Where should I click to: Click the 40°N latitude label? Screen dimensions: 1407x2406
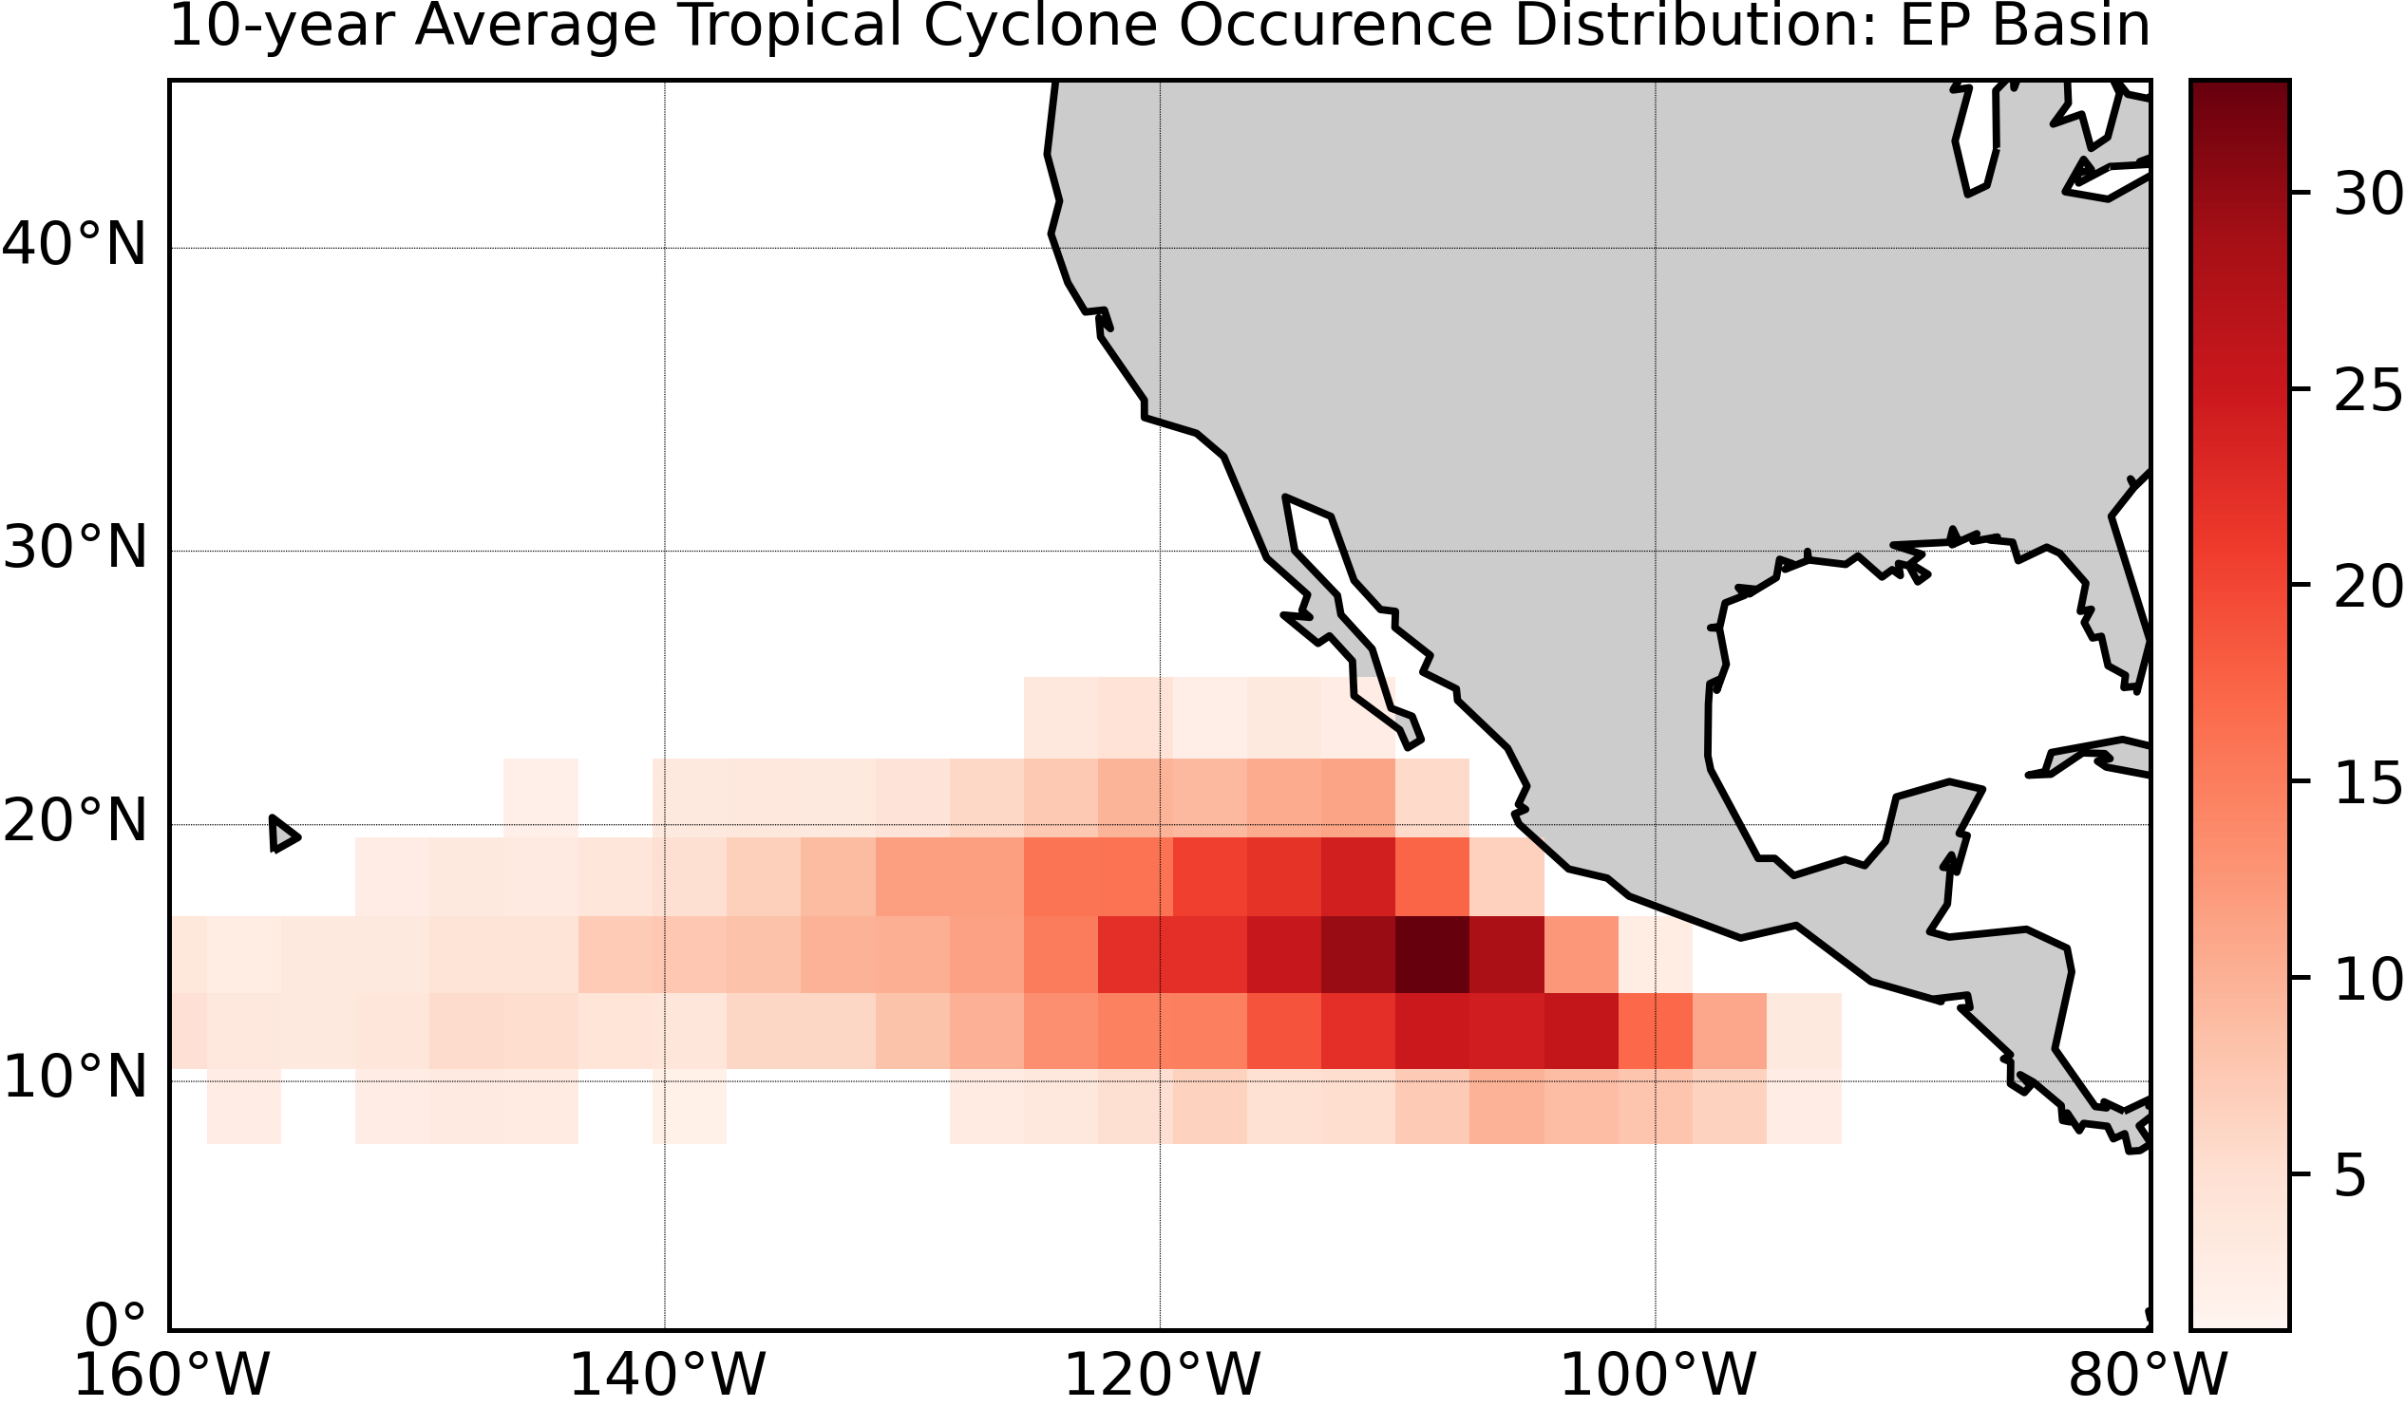[73, 245]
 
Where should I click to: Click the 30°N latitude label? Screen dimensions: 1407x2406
[74, 550]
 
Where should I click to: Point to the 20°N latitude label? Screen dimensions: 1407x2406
[74, 822]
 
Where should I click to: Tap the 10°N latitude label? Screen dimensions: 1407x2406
[74, 1079]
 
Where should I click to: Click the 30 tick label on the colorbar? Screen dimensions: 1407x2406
[2367, 196]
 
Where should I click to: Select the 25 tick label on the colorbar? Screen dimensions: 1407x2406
[2367, 391]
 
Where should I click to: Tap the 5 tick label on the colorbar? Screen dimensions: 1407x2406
[2351, 1177]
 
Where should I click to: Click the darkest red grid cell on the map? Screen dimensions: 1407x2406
[1431, 954]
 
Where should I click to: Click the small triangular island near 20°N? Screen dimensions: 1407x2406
[283, 835]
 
